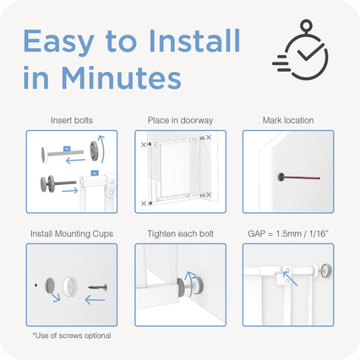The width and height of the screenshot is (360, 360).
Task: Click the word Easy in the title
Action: click(x=58, y=41)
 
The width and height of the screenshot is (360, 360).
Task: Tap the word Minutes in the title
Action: click(x=121, y=78)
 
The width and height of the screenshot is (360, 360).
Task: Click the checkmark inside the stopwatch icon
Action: click(x=311, y=52)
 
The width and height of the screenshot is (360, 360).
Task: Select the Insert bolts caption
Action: click(x=72, y=121)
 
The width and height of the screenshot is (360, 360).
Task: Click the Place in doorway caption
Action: click(x=180, y=121)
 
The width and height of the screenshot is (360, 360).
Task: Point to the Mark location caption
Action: click(x=288, y=121)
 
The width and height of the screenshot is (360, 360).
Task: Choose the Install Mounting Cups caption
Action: click(x=72, y=234)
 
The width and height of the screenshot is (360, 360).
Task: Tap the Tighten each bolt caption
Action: click(x=180, y=234)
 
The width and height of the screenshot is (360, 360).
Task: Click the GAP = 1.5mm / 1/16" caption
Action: click(x=288, y=233)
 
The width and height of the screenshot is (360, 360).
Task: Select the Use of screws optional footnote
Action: click(x=72, y=335)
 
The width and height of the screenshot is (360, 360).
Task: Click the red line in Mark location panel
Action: click(x=302, y=177)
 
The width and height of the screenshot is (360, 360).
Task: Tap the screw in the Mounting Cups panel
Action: click(x=98, y=287)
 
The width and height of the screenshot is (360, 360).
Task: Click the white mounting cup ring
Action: click(x=69, y=286)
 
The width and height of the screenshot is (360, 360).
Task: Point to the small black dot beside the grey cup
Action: click(x=35, y=286)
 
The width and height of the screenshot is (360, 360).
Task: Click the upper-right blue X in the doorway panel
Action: click(x=209, y=138)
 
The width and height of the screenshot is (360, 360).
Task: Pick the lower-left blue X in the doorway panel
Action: click(x=144, y=204)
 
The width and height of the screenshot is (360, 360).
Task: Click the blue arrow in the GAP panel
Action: click(x=290, y=278)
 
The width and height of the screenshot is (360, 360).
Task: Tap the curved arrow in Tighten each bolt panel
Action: click(x=193, y=284)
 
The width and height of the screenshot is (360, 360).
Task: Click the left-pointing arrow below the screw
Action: click(x=95, y=300)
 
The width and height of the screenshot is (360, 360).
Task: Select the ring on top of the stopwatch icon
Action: click(x=306, y=26)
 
